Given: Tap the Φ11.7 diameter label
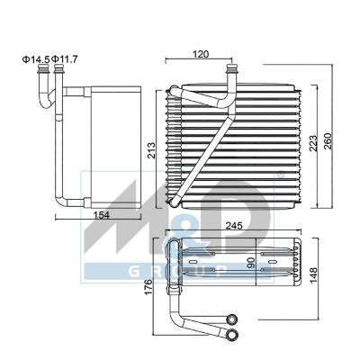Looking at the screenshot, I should (x=68, y=60).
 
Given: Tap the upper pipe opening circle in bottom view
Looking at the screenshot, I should (x=231, y=319).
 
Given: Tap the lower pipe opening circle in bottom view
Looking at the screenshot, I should (x=232, y=334).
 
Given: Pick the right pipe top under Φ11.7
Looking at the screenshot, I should (x=59, y=77).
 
